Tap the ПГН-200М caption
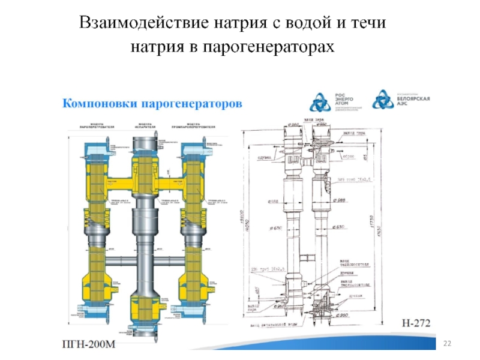[x=89, y=344]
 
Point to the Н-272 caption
[x=416, y=323]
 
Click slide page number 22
[x=446, y=343]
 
